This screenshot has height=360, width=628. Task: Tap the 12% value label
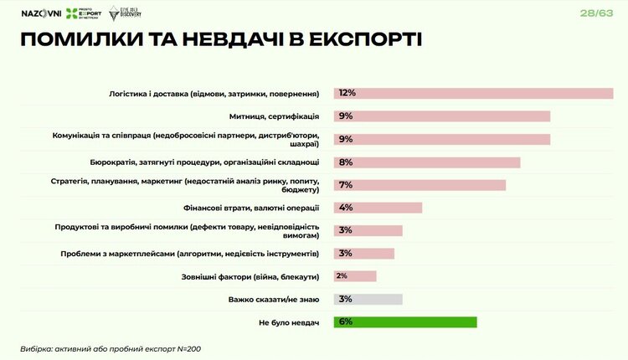pyautogui.click(x=347, y=93)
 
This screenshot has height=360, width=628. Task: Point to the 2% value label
pyautogui.click(x=342, y=276)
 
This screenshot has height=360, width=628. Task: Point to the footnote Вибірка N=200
pyautogui.click(x=111, y=348)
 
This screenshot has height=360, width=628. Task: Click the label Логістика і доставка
pyautogui.click(x=218, y=93)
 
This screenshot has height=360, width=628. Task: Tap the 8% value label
pyautogui.click(x=346, y=162)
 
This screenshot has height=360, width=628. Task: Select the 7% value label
pyautogui.click(x=346, y=184)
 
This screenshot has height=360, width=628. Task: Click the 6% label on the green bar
pyautogui.click(x=346, y=322)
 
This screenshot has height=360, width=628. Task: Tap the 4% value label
pyautogui.click(x=346, y=208)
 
